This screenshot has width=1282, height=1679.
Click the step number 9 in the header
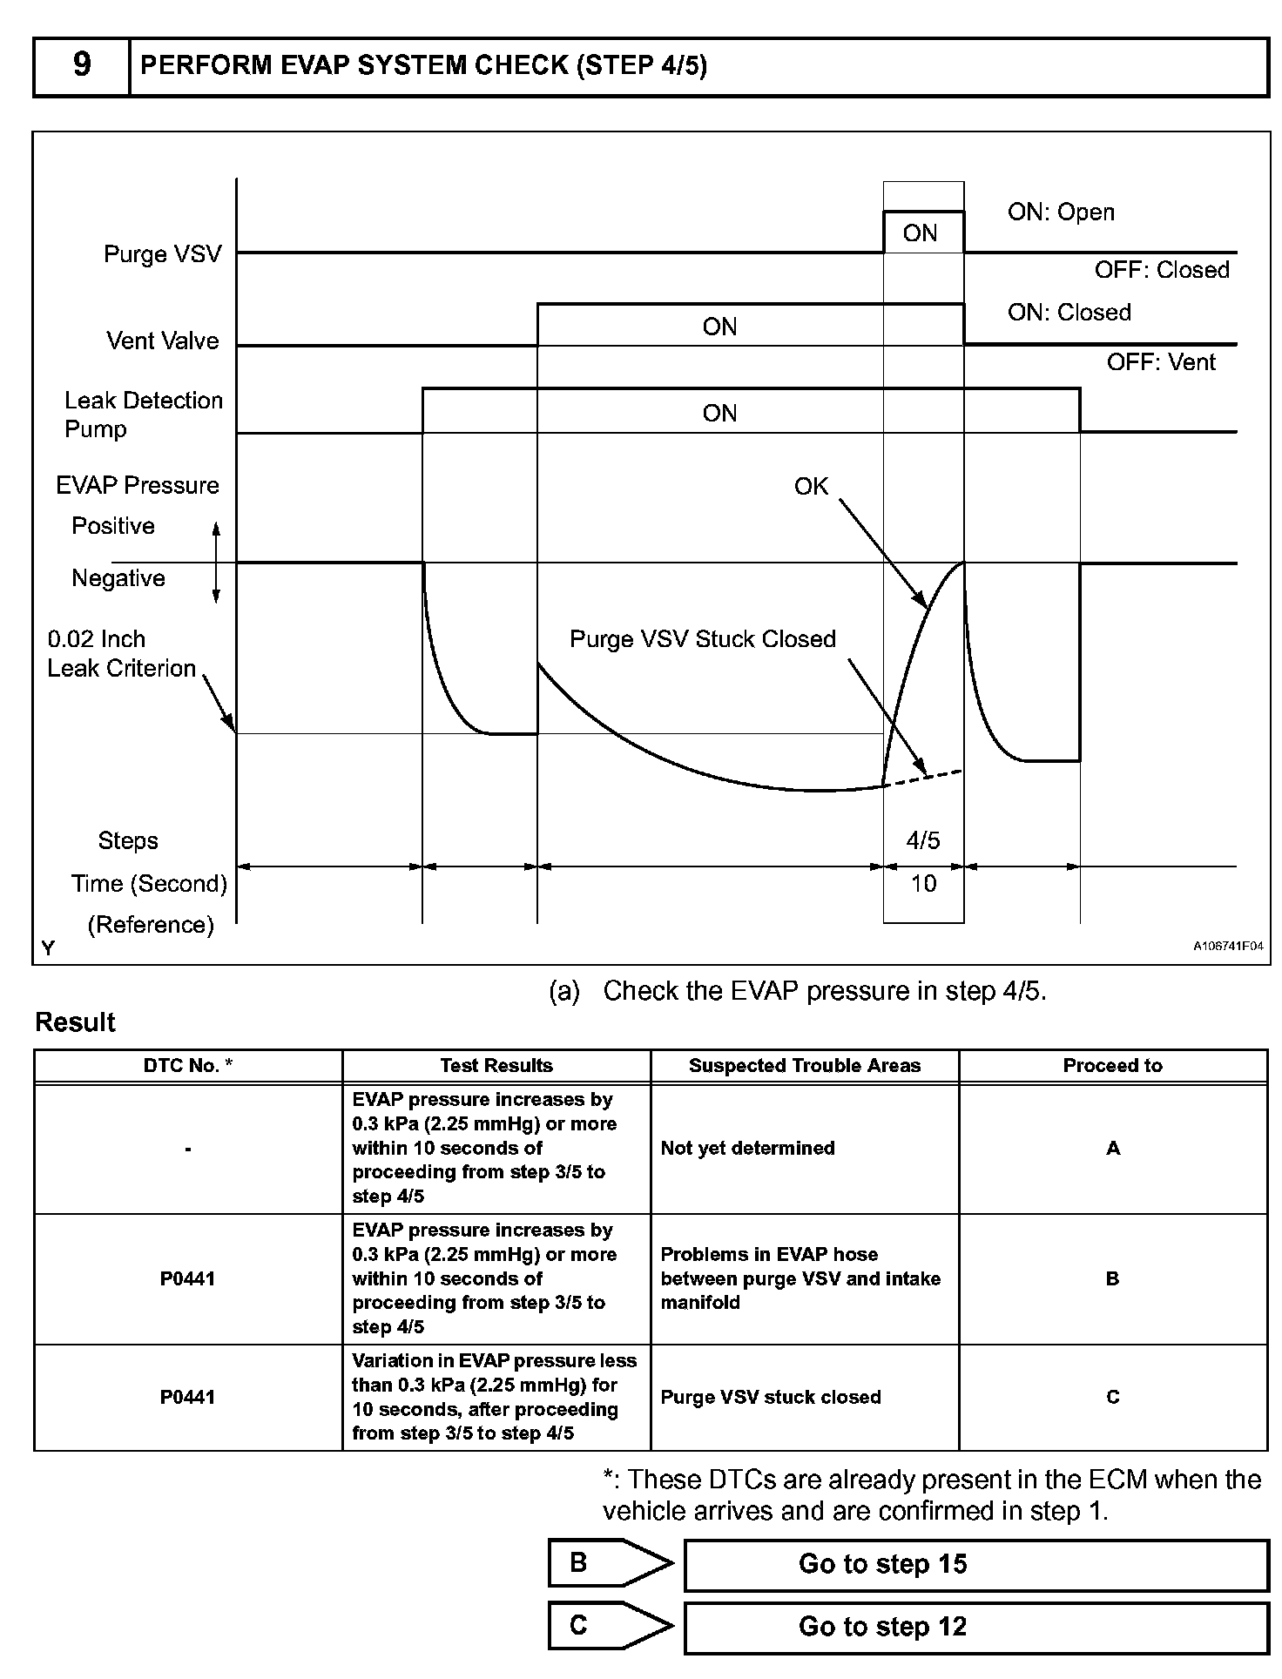(81, 65)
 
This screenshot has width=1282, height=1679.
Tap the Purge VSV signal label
(162, 254)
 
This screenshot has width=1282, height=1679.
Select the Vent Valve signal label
(162, 341)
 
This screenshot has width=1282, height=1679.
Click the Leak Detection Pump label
(143, 415)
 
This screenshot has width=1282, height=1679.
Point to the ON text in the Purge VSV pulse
(920, 233)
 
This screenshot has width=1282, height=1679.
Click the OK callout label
(811, 487)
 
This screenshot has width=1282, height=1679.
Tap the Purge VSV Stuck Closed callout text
(702, 639)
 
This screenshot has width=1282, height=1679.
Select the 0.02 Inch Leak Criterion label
(121, 654)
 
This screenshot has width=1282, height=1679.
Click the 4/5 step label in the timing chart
(923, 840)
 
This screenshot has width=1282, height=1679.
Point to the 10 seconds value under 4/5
(923, 884)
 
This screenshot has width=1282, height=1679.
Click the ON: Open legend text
(1061, 212)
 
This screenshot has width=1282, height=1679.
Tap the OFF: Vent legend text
(1160, 362)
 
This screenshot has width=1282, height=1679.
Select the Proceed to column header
(1112, 1065)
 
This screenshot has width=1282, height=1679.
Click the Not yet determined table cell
(747, 1148)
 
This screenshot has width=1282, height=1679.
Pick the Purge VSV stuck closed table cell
(770, 1397)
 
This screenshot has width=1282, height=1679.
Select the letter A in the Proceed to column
(1112, 1149)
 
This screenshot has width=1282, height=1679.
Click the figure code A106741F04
(1227, 946)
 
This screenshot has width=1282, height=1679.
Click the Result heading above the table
(75, 1022)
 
